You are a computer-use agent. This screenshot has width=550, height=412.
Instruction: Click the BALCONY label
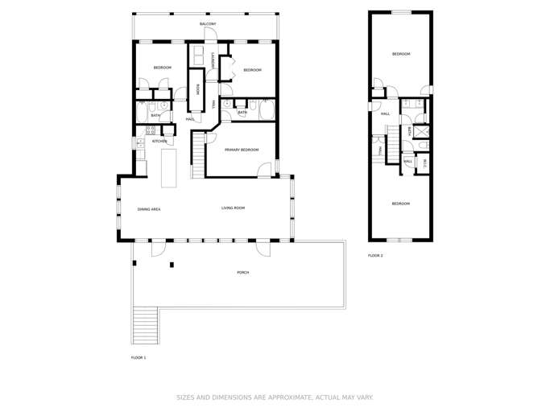(x=208, y=24)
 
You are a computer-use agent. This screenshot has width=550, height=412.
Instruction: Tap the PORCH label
(x=242, y=273)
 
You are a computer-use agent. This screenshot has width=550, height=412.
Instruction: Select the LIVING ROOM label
(x=234, y=208)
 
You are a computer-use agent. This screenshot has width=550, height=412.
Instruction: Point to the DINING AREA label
(x=149, y=209)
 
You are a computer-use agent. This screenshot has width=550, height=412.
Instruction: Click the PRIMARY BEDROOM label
(x=242, y=150)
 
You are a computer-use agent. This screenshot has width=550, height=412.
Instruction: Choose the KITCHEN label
(x=159, y=142)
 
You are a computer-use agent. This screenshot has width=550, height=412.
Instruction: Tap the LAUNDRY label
(x=213, y=60)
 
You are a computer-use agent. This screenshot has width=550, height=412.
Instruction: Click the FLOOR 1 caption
(x=139, y=357)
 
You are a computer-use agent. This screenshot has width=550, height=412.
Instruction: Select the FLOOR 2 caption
(x=375, y=255)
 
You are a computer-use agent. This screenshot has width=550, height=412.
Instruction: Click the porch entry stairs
(x=145, y=325)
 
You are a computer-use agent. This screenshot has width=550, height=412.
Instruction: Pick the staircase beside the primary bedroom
(x=197, y=156)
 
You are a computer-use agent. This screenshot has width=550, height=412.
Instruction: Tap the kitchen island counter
(x=168, y=167)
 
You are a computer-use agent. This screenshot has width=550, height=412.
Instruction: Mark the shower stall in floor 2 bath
(x=422, y=130)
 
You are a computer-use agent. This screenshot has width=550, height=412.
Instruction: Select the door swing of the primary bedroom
(x=264, y=170)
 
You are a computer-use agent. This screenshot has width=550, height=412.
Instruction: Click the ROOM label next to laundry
(x=197, y=89)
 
